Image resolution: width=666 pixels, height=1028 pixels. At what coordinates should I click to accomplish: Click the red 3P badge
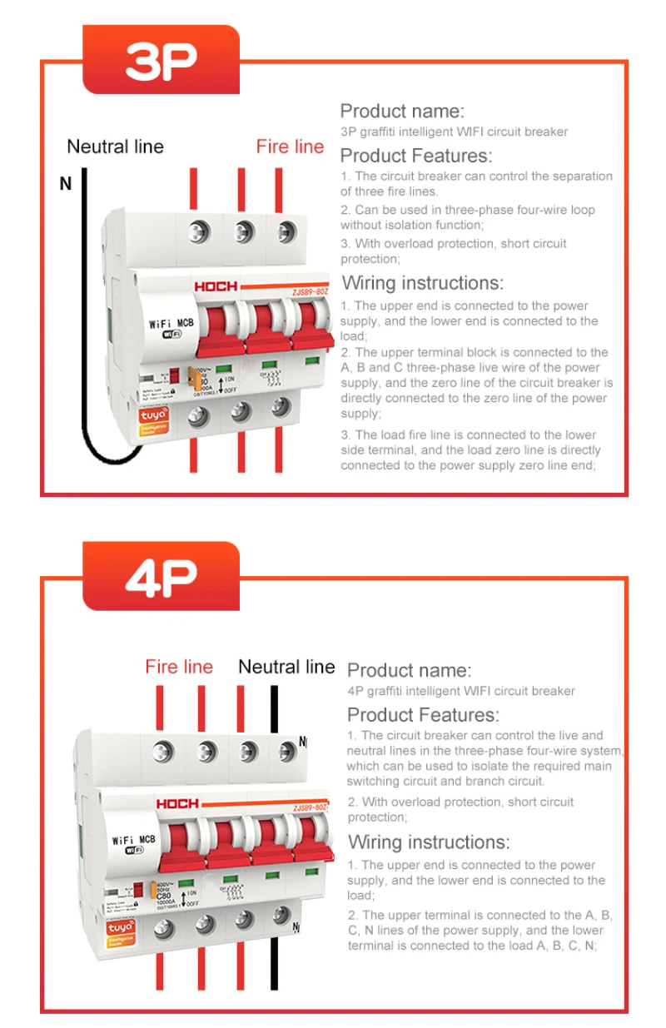point(161,59)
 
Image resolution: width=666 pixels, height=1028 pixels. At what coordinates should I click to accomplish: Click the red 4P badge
point(161,576)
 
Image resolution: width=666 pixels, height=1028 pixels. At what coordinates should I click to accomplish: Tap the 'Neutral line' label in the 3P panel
point(115,147)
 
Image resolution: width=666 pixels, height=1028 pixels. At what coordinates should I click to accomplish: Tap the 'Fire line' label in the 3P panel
point(290,147)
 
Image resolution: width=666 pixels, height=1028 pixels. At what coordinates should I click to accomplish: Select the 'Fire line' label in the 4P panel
point(179,667)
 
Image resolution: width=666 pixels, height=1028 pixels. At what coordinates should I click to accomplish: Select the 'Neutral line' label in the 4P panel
point(286,667)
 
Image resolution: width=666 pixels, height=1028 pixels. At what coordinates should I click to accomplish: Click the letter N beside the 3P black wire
point(66,184)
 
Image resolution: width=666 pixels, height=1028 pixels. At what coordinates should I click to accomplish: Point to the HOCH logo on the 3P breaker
point(216,286)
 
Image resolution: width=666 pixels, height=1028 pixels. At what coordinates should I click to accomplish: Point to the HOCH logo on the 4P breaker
point(177,803)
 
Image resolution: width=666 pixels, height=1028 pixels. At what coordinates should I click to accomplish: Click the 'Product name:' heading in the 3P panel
point(402,111)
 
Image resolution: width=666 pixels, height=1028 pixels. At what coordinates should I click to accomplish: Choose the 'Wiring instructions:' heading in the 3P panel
point(422,283)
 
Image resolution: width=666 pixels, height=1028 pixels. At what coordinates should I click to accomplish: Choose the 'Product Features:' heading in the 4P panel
point(422,714)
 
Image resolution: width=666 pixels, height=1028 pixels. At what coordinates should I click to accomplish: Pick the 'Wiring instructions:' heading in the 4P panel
point(428,842)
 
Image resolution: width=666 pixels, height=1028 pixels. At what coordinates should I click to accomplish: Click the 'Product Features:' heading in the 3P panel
point(415,156)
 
